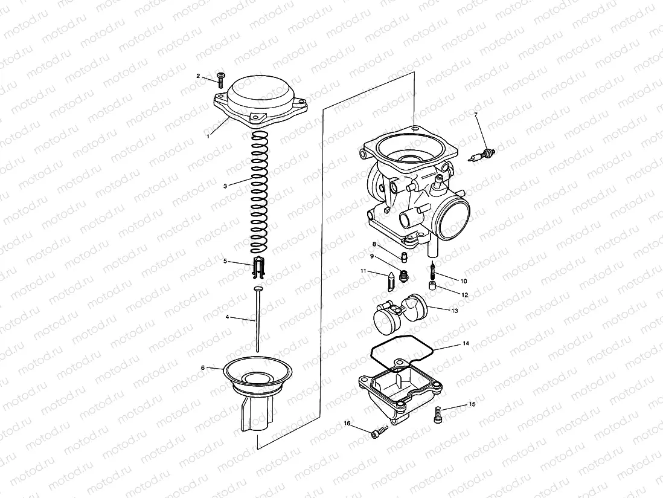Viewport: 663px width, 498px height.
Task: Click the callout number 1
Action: click(208, 137)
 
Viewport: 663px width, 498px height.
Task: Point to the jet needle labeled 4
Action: click(258, 320)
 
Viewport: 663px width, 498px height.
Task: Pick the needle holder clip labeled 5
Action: click(258, 267)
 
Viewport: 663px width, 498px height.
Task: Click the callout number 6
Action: click(203, 367)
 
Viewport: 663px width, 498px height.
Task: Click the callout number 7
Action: click(476, 114)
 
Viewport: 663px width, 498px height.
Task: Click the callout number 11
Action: click(364, 271)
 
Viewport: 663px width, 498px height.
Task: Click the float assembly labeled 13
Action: click(400, 313)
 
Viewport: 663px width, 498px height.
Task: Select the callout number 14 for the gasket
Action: click(466, 343)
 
